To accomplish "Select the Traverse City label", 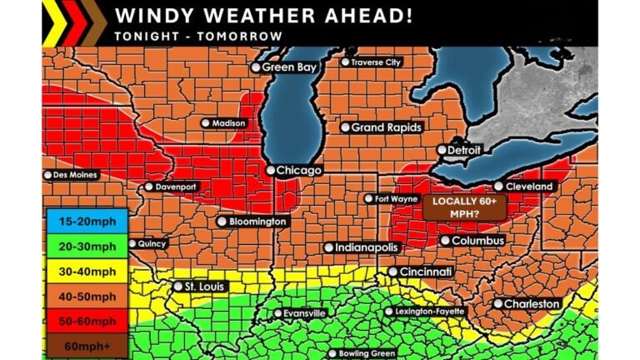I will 376,62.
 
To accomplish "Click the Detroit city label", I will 465,151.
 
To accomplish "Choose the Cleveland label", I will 529,187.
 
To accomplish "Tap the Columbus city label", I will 478,241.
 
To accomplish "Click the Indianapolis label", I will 367,247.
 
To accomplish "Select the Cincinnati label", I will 426,272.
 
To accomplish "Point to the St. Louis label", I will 201,287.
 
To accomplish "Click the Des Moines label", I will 75,175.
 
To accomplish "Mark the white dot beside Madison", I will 205,123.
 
